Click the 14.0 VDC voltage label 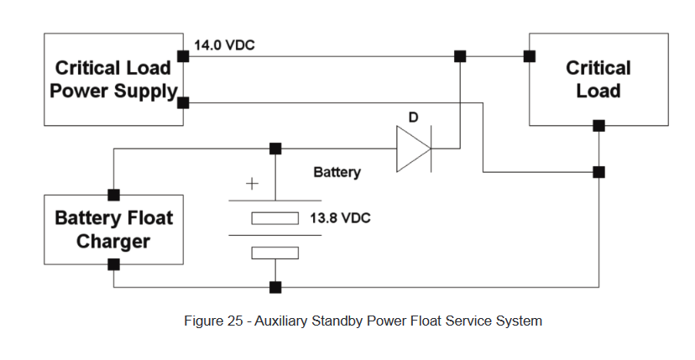coord(224,45)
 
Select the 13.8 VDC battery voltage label coord(340,218)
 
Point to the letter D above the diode coord(413,117)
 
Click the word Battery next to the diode coord(337,172)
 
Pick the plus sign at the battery coord(250,185)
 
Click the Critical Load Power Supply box coord(113,80)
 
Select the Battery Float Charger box coord(113,229)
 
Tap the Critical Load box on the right coord(598,79)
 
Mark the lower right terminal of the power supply coord(184,102)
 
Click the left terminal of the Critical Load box coord(530,56)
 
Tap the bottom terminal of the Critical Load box coord(598,126)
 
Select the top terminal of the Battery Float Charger coord(113,194)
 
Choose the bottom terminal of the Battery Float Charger coord(113,264)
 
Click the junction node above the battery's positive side coord(275,149)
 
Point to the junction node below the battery coord(275,288)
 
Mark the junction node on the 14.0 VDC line coord(460,56)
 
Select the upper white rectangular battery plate coord(275,219)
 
